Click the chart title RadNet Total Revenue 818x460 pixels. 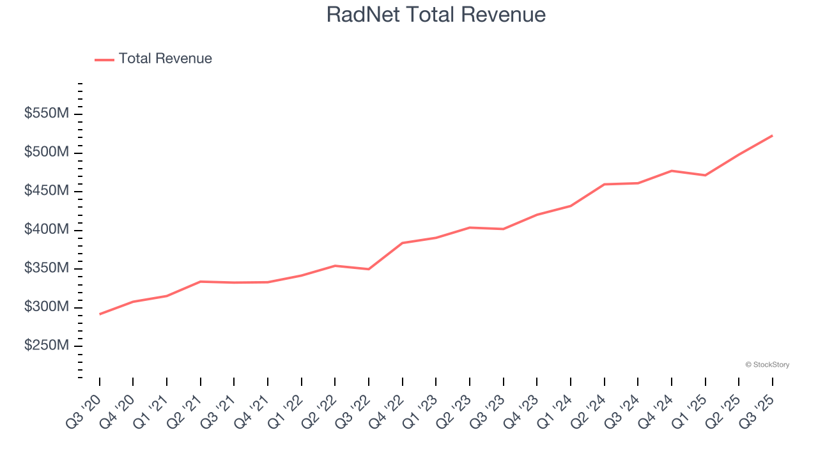tap(436, 15)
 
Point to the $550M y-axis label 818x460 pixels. tap(46, 114)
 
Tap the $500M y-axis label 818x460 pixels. tap(46, 153)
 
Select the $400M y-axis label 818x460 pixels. tap(46, 230)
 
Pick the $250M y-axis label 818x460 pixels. tap(46, 346)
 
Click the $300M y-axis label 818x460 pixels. tap(46, 307)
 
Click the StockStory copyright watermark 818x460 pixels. tap(767, 365)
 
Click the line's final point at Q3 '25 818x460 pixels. tap(772, 135)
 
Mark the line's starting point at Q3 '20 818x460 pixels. tap(100, 314)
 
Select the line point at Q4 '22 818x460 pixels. tap(403, 243)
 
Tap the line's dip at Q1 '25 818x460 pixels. tap(705, 175)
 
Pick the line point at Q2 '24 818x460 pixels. tap(604, 185)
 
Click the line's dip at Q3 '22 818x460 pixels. tap(369, 269)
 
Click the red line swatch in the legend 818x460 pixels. tap(104, 59)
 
